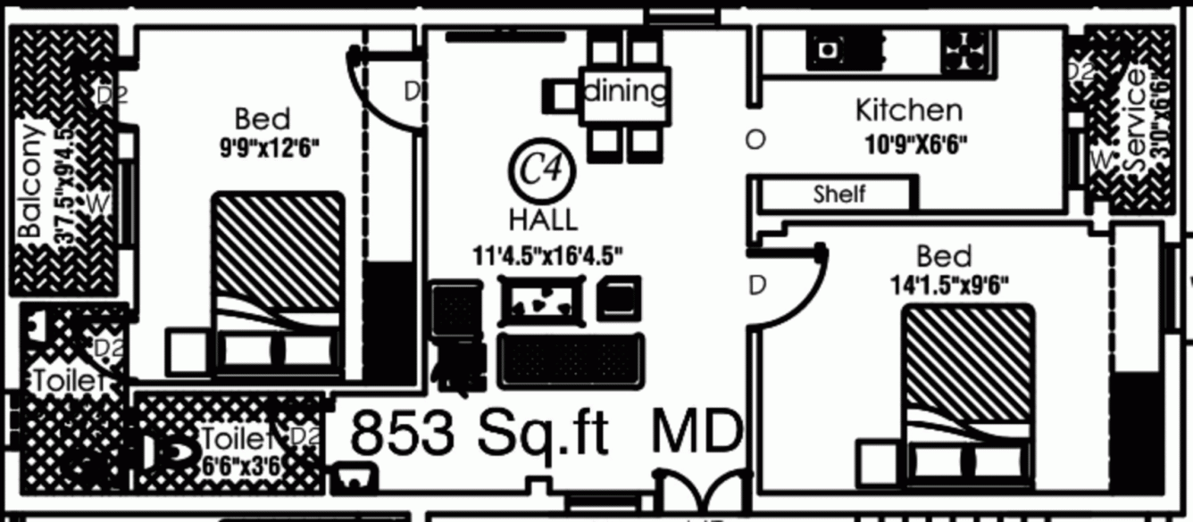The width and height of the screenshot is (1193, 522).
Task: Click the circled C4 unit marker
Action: (543, 170)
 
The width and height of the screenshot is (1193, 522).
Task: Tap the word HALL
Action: (543, 219)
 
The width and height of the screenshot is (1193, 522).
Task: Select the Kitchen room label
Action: (909, 110)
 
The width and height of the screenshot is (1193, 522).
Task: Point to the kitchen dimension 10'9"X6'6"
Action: (916, 144)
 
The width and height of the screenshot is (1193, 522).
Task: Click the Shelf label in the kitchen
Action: (839, 194)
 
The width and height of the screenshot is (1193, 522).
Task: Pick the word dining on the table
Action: (625, 91)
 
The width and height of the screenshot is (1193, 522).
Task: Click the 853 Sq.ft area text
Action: (480, 435)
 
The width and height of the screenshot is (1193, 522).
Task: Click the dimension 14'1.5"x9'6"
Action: (949, 286)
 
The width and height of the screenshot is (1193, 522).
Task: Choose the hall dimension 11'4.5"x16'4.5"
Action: (547, 254)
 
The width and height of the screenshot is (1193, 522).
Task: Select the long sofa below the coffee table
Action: (571, 360)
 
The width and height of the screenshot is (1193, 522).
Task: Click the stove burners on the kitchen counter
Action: (966, 49)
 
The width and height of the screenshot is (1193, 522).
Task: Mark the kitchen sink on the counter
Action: (828, 49)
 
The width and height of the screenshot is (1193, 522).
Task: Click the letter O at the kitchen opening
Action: (755, 139)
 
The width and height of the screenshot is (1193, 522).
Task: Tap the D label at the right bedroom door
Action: (757, 286)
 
